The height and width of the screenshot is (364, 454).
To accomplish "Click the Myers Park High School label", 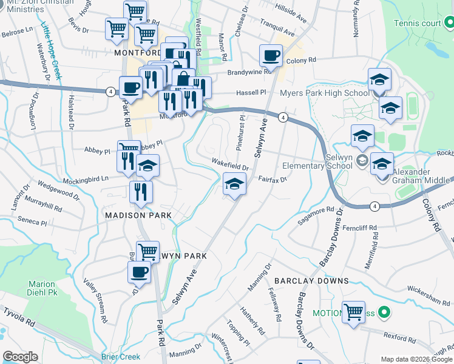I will point(324,93).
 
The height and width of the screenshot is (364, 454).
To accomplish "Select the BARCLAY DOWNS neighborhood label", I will point(311,281).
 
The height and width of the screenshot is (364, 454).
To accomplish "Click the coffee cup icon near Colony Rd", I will point(271,56).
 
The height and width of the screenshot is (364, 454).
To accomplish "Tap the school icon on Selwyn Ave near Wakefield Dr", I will point(234,184).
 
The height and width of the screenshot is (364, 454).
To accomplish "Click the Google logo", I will point(21,357).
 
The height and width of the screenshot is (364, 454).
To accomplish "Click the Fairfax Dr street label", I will point(272,179).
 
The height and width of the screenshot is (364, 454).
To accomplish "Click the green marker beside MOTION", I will point(383,313).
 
